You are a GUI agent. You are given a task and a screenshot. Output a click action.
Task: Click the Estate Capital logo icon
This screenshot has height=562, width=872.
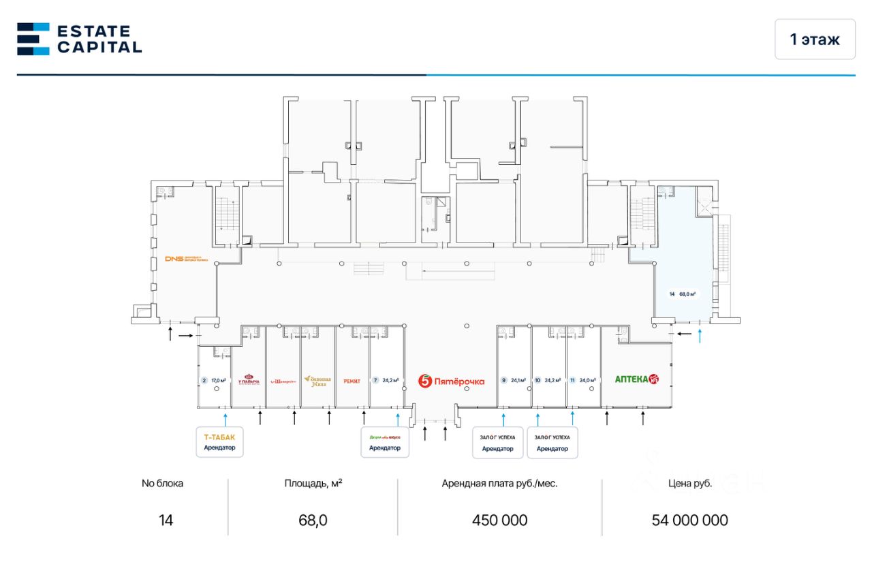point(33,39)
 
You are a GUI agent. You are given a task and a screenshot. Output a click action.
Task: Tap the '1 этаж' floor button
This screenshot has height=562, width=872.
point(814,40)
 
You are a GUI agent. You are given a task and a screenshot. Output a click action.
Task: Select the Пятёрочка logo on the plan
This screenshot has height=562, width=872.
point(451,381)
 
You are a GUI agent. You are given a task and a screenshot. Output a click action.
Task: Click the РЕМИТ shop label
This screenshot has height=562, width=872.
point(352,381)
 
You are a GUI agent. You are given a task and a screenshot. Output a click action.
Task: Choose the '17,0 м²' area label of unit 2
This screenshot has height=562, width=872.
point(218,381)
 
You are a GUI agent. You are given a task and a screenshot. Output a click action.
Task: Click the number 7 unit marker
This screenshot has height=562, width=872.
point(375,381)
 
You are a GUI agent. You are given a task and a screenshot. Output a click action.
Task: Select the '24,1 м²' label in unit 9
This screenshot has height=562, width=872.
point(519,381)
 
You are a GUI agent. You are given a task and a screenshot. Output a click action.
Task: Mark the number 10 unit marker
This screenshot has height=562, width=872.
point(538,381)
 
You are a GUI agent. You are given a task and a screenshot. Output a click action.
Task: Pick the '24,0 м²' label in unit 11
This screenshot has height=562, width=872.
point(588,381)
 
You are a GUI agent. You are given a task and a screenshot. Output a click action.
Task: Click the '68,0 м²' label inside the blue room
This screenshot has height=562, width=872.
point(687,294)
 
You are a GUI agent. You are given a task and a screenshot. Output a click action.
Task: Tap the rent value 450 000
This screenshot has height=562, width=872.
point(499,520)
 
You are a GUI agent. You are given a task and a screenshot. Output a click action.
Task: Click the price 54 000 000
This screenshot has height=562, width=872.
point(689,520)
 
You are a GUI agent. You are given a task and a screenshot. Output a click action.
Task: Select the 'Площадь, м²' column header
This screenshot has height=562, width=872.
point(313,484)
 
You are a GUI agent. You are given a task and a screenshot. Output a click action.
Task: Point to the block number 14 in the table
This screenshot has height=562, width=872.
point(166,520)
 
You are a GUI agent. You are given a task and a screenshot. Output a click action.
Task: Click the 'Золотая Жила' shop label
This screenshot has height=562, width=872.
point(317,381)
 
